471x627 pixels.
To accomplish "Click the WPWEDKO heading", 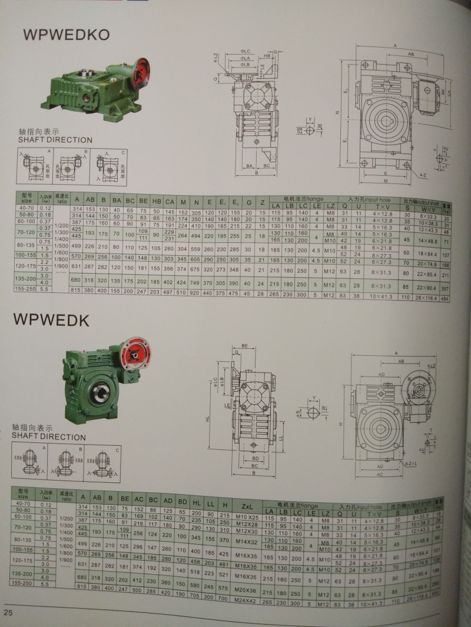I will (66, 34).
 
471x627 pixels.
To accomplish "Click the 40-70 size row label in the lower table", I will (25, 505).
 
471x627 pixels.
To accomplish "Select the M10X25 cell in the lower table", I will (246, 516).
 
